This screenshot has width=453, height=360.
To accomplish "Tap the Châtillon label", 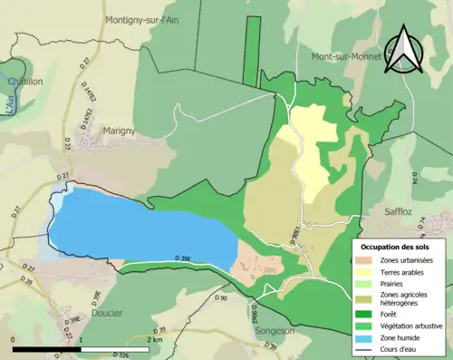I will [25, 81].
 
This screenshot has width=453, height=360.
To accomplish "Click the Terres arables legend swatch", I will [370, 271].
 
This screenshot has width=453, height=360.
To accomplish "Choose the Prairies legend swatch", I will [370, 283].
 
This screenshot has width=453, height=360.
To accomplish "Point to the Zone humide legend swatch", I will [370, 336].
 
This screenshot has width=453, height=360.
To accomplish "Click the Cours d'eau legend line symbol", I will [370, 348].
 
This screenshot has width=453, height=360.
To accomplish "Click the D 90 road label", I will [221, 297].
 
